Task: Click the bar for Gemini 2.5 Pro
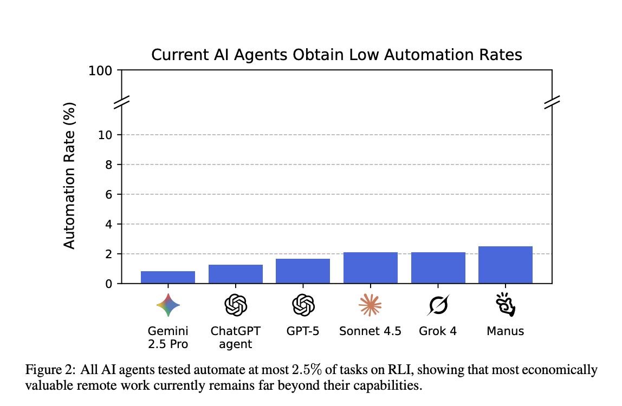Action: pos(168,277)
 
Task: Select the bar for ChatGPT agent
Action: pos(236,274)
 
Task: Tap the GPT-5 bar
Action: pos(303,271)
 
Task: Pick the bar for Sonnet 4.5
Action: pos(371,268)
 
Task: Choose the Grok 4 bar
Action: pos(438,268)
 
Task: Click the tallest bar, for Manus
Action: pos(506,265)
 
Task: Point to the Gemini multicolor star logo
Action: pos(168,305)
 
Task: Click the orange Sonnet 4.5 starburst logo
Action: pos(371,305)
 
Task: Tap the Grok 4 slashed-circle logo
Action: pos(438,305)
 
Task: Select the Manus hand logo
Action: pos(506,305)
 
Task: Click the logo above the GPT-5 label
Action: pos(303,305)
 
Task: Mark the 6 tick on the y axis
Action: pos(108,194)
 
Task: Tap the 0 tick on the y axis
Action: pos(108,284)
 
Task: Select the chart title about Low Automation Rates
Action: pos(336,55)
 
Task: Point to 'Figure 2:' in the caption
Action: pos(51,370)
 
